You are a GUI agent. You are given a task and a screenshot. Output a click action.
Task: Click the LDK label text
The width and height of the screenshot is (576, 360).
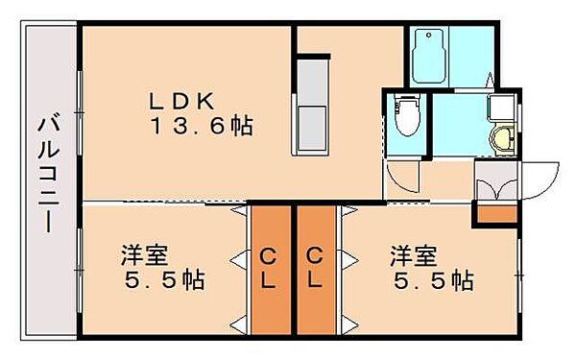coord(185,100)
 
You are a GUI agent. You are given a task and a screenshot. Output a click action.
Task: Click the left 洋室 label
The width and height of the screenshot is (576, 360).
coord(145,256)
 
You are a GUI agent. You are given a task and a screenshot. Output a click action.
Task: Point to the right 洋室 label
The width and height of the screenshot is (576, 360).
coord(414,256)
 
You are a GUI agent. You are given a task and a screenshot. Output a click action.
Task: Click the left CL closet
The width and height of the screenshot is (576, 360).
coord(270,269)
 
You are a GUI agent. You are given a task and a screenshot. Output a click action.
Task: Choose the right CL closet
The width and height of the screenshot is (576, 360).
coord(315,269)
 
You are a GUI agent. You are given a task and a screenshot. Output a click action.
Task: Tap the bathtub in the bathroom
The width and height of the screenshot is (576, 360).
coord(428,57)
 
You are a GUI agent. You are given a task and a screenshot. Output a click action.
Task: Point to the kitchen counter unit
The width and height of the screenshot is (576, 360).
coord(311,107)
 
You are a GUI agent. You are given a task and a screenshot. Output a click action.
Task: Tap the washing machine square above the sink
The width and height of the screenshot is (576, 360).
coord(500,106)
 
